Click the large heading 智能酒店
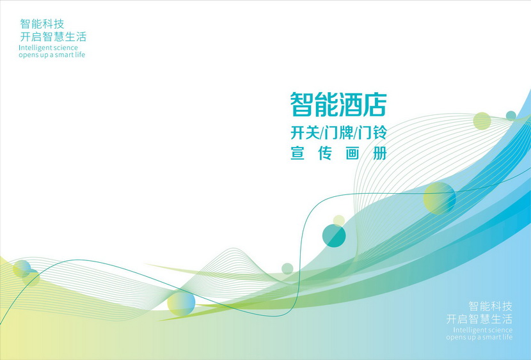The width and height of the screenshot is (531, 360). pyautogui.click(x=338, y=105)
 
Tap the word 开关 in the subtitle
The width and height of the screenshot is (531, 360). pyautogui.click(x=305, y=132)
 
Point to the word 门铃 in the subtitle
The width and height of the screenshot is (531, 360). pyautogui.click(x=372, y=132)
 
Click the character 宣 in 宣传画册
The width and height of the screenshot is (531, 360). pyautogui.click(x=297, y=153)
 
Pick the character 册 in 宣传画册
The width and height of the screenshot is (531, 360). pyautogui.click(x=379, y=153)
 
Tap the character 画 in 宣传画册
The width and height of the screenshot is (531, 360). pyautogui.click(x=353, y=153)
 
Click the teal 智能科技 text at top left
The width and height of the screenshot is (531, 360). pyautogui.click(x=42, y=24)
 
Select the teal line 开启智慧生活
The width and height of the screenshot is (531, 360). pyautogui.click(x=53, y=36)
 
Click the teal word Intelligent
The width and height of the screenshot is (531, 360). pyautogui.click(x=35, y=48)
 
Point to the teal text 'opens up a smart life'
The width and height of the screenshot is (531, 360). pyautogui.click(x=52, y=55)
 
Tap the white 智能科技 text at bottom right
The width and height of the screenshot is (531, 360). pyautogui.click(x=490, y=306)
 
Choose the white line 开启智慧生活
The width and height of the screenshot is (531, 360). pyautogui.click(x=479, y=318)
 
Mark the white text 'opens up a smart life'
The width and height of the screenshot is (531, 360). pyautogui.click(x=479, y=337)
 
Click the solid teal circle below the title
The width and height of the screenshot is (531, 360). pyautogui.click(x=334, y=235)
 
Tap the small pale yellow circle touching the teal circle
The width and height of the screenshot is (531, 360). pyautogui.click(x=338, y=221)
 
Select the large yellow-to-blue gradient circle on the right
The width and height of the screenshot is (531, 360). pyautogui.click(x=440, y=198)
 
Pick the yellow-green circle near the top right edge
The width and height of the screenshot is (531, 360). pyautogui.click(x=482, y=121)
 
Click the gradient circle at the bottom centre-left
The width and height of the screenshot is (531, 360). pyautogui.click(x=181, y=304)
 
